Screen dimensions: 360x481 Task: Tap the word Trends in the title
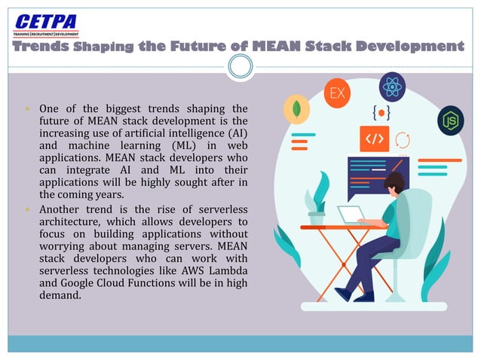coord(43,47)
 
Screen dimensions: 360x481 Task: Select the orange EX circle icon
coord(338,95)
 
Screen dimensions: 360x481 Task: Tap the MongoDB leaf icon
coord(297,109)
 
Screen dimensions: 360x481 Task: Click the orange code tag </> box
coord(374,139)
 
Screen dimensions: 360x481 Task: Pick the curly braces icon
coord(381,112)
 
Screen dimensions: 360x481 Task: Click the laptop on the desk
coord(351,215)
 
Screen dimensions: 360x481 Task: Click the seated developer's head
coord(395,184)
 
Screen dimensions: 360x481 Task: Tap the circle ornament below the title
coord(240,68)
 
